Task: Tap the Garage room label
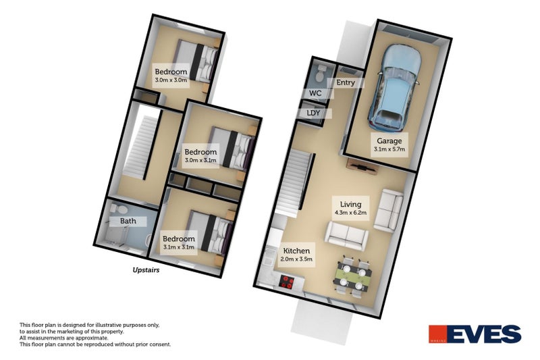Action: (389, 141)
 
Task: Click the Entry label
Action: (345, 83)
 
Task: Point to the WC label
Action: (315, 93)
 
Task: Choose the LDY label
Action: (313, 113)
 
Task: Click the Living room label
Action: (350, 204)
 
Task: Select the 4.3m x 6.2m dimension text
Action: (350, 212)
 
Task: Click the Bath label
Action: (128, 221)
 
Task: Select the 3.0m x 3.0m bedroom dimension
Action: (170, 80)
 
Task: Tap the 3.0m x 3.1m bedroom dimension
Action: (200, 160)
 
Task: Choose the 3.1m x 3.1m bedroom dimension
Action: (179, 247)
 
